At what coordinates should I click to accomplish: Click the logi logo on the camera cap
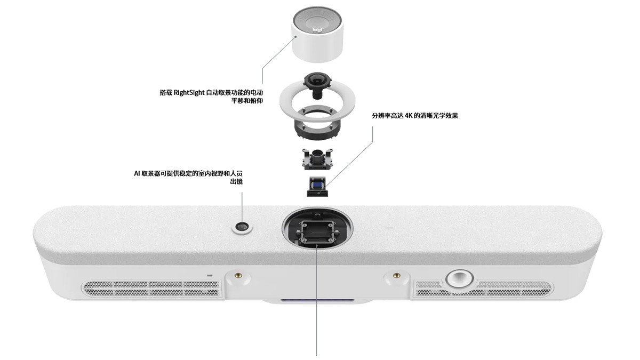(x=317, y=30)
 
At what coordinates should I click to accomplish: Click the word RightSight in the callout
(x=189, y=93)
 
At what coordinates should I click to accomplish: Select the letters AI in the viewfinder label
(x=137, y=173)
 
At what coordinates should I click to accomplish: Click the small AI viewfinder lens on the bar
(x=242, y=228)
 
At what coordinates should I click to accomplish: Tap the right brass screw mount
(x=396, y=275)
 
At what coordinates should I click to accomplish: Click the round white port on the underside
(x=459, y=278)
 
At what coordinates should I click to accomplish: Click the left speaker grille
(x=151, y=289)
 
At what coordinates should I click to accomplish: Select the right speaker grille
(x=483, y=288)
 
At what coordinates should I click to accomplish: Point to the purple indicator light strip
(x=317, y=301)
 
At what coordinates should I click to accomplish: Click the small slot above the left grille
(x=210, y=276)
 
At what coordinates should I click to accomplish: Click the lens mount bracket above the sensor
(x=317, y=158)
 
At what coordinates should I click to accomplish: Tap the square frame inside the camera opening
(x=317, y=231)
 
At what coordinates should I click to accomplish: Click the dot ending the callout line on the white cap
(x=296, y=37)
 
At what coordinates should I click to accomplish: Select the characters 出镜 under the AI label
(x=236, y=182)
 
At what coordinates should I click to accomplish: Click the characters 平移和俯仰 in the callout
(x=247, y=101)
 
